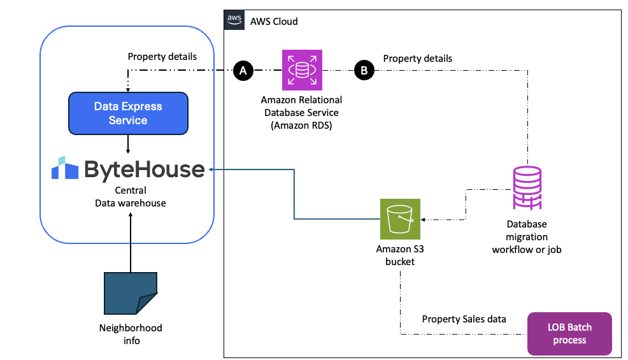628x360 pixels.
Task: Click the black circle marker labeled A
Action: (x=241, y=71)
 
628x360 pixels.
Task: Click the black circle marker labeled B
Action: (x=364, y=71)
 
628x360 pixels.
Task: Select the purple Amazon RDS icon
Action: (x=303, y=70)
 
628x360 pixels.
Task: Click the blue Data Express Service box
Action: (x=128, y=113)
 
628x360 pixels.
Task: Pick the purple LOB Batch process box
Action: (x=569, y=333)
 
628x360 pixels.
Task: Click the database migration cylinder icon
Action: (x=527, y=189)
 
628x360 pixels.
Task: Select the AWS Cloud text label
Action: (x=274, y=21)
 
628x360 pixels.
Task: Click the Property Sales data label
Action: (x=464, y=319)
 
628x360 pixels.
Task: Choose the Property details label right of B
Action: (x=417, y=58)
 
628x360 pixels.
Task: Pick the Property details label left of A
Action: (x=162, y=56)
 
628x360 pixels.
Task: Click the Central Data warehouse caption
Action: (x=130, y=196)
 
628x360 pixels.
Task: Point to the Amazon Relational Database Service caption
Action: (x=301, y=112)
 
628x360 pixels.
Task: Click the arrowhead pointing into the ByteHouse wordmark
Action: (x=211, y=169)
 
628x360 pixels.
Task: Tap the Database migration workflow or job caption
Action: (x=526, y=236)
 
